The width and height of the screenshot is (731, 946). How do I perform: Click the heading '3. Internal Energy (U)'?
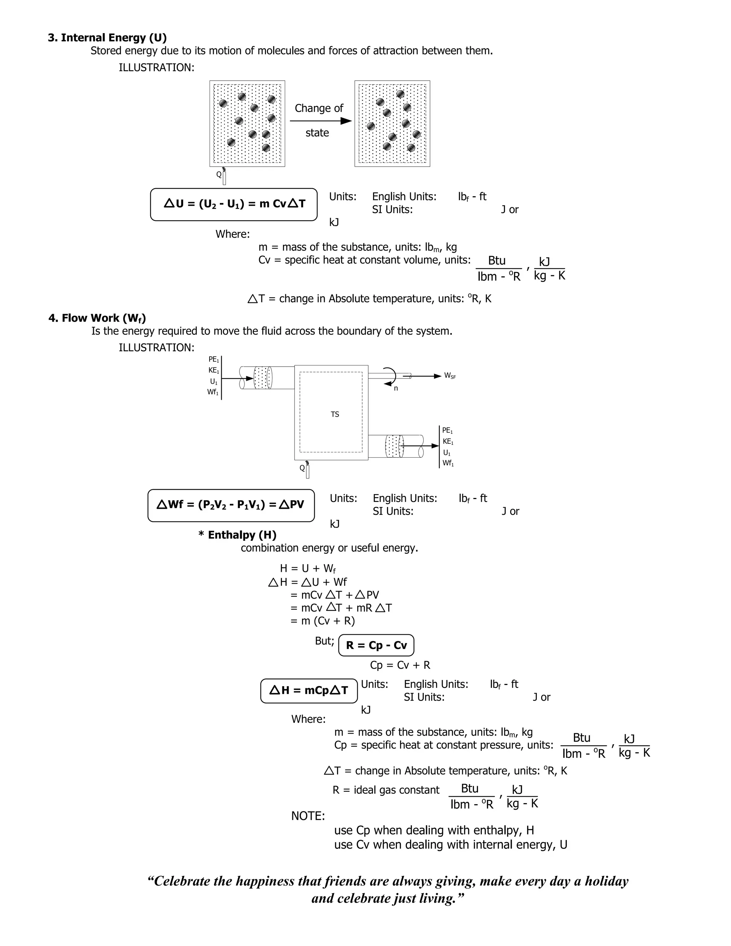(107, 38)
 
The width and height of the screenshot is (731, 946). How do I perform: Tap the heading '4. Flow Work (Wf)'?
(97, 318)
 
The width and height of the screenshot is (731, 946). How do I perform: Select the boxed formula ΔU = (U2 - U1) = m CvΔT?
(234, 204)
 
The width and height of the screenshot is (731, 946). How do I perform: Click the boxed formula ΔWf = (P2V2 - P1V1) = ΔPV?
(231, 505)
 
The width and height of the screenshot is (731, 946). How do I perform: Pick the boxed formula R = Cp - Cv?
(376, 645)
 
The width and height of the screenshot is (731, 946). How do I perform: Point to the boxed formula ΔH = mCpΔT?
(309, 690)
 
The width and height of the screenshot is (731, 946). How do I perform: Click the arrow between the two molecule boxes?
(321, 121)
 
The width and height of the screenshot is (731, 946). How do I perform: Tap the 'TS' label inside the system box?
(335, 414)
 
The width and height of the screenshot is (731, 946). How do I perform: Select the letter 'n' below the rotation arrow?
(396, 388)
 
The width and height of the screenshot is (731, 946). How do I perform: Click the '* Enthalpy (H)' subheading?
(237, 535)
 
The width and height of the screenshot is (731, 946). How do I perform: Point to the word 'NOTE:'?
(308, 816)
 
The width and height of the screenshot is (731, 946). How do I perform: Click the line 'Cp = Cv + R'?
(400, 665)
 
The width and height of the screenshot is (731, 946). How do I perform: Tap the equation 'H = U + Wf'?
(307, 568)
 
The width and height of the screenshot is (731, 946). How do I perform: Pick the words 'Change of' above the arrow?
(319, 108)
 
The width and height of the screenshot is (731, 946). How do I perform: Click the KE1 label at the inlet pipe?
(213, 370)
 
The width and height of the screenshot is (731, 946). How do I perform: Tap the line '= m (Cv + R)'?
(323, 621)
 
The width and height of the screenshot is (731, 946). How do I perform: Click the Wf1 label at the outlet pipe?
(448, 463)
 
